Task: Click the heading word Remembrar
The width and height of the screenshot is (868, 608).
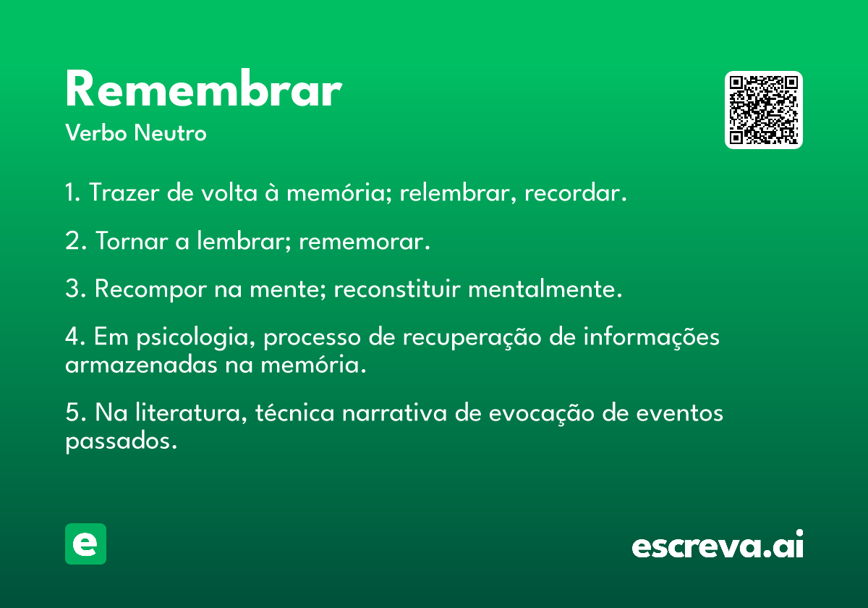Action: [x=204, y=88]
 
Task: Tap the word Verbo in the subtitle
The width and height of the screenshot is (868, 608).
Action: [x=96, y=132]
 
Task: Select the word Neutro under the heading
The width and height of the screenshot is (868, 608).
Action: [x=170, y=132]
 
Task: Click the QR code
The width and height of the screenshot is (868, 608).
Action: [x=763, y=110]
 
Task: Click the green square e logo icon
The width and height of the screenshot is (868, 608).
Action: [x=85, y=544]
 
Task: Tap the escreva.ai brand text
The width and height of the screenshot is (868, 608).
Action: [x=718, y=544]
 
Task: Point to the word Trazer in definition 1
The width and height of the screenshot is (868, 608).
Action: [x=124, y=193]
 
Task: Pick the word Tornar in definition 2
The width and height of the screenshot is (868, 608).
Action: [x=132, y=240]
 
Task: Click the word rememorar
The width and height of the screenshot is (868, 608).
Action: [x=365, y=242]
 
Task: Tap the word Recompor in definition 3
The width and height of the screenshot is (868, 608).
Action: [x=150, y=290]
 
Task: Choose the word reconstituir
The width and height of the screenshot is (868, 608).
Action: [x=397, y=289]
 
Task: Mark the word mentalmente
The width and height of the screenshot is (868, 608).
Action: [x=545, y=289]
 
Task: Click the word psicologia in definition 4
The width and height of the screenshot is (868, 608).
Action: [x=196, y=337]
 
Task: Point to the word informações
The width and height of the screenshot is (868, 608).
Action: [x=652, y=336]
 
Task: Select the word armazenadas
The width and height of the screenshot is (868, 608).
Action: [x=141, y=365]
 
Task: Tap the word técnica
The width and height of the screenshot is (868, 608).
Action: [x=294, y=412]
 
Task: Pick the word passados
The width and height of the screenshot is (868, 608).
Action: [x=121, y=442]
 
